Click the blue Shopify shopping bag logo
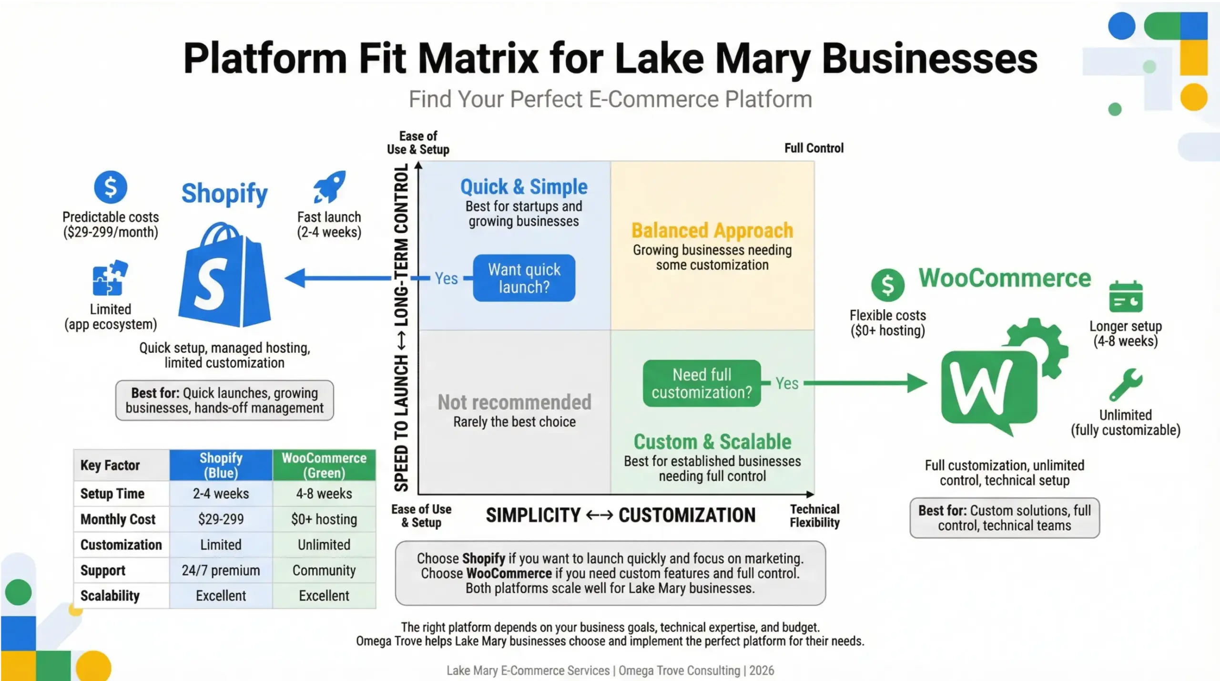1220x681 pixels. coord(224,277)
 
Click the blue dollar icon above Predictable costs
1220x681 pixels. coord(111,187)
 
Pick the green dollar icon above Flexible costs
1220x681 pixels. coord(887,285)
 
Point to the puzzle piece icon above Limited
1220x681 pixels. coord(110,278)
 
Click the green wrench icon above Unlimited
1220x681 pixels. coord(1125,384)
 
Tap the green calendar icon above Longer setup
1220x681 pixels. coord(1126,297)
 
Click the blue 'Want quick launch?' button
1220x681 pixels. coord(524,278)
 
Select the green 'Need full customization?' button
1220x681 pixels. coord(701,383)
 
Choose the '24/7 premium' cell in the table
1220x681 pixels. coord(221,570)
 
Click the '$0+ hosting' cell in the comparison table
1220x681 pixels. coord(324,519)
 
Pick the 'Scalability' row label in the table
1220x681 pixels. coord(110,596)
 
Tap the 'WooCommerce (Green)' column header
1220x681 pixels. coord(324,465)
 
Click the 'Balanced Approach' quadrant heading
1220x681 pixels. coord(712,231)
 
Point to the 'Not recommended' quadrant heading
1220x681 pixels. coord(514,402)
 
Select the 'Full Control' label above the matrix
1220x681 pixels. coord(814,148)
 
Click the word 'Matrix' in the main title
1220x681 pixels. coord(478,59)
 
